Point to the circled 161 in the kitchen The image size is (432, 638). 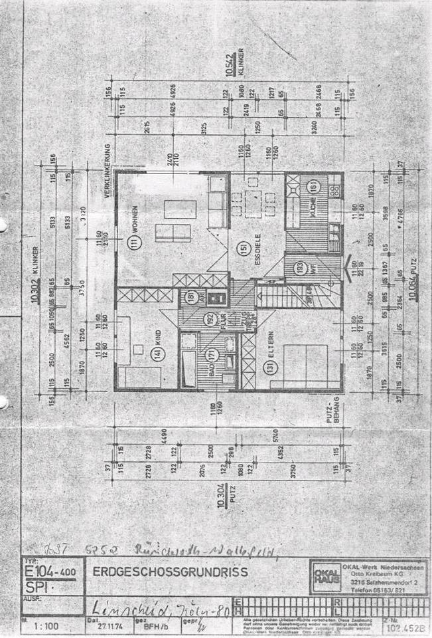[312, 188]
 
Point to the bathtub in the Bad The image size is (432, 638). [188, 362]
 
